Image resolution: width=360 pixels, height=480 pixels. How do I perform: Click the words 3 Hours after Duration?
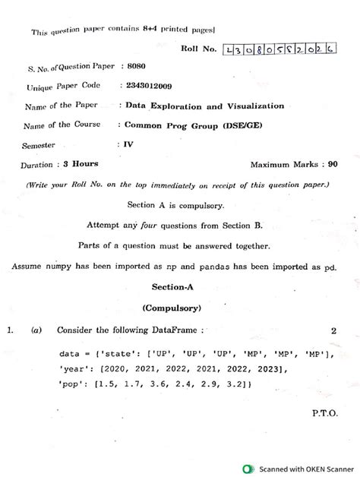(x=80, y=164)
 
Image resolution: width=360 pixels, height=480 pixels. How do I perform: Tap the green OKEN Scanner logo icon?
(x=248, y=469)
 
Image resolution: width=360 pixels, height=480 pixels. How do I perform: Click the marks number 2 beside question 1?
(x=333, y=331)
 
